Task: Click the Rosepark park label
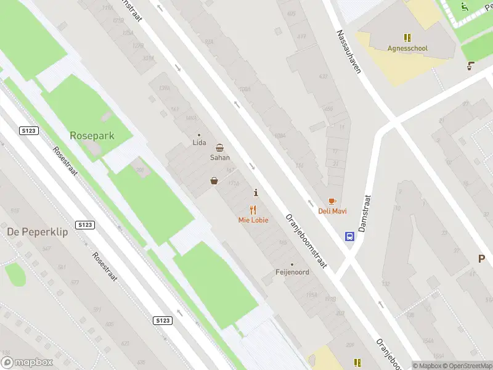[92, 135]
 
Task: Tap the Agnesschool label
[407, 48]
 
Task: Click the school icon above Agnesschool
[407, 38]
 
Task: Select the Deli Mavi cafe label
[332, 211]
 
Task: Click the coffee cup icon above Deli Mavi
[332, 201]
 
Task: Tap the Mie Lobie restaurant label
[253, 220]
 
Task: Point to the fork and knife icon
[253, 210]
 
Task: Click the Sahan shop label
[220, 157]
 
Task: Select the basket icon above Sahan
[220, 147]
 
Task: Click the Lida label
[198, 142]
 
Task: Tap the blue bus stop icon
[349, 236]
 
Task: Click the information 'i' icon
[256, 193]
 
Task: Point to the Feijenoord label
[292, 272]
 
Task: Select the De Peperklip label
[37, 232]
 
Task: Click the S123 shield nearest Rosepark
[29, 131]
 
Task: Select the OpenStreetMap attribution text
[467, 366]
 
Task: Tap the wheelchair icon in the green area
[465, 7]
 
